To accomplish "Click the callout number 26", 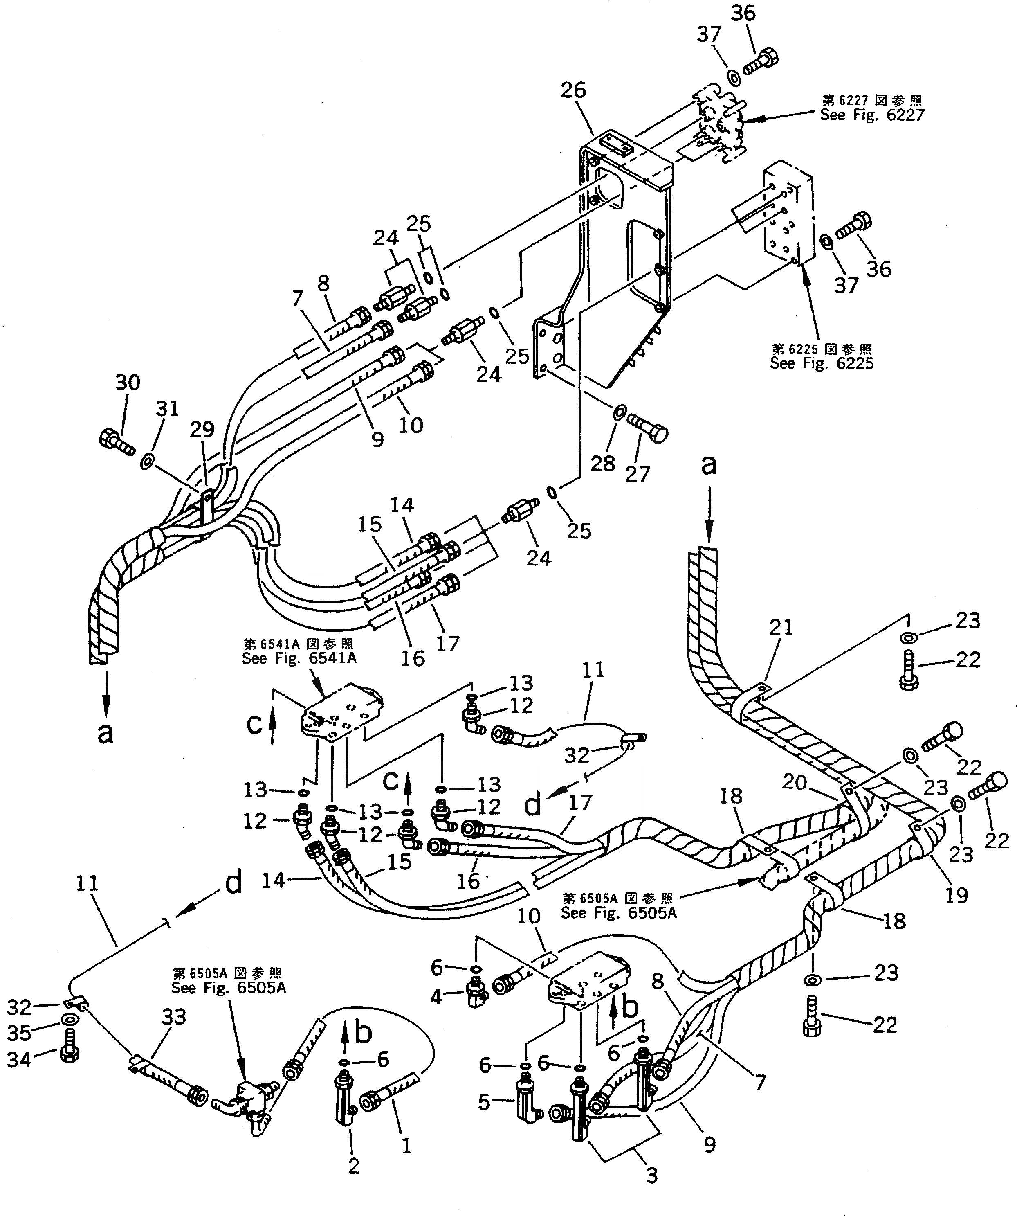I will (x=573, y=90).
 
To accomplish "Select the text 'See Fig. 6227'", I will (x=872, y=115).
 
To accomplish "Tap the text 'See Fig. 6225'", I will (x=822, y=364).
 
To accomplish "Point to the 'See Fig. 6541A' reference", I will (x=299, y=658).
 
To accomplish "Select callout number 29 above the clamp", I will (x=202, y=429).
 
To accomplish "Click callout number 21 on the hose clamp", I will (x=780, y=627).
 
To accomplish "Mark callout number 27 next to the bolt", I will (x=637, y=474).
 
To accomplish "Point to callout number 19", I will (x=956, y=895).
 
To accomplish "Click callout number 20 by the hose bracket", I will (x=794, y=782).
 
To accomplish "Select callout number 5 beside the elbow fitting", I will (x=484, y=1103).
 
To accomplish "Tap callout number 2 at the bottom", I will (x=354, y=1166).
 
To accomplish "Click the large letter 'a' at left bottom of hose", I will (x=105, y=733).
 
